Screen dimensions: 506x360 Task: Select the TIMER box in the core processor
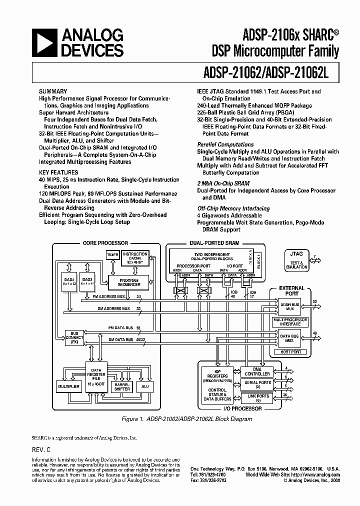click(112, 255)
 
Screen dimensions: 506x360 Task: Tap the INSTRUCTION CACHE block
click(134, 258)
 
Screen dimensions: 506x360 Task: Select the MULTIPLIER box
click(69, 386)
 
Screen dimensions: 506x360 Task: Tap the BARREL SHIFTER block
click(122, 386)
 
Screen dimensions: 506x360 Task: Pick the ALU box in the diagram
click(145, 386)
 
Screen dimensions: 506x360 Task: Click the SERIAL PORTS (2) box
click(257, 384)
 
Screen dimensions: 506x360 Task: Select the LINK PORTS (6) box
click(257, 398)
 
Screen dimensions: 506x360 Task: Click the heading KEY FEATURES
click(54, 172)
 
